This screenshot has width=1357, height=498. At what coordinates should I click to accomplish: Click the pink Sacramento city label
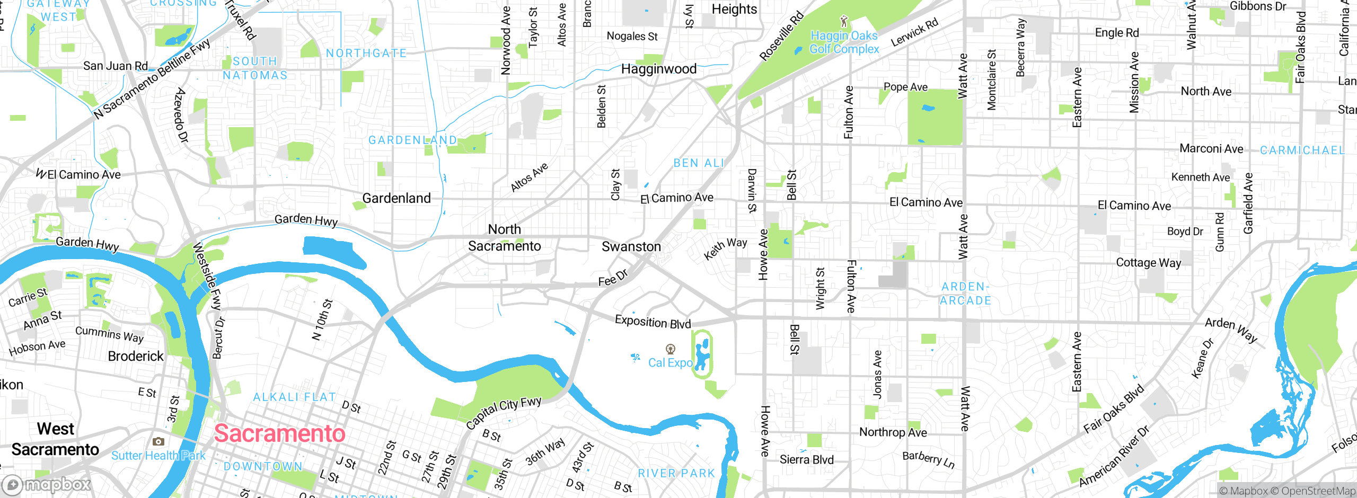(279, 433)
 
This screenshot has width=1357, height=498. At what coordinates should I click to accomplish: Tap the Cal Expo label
(670, 363)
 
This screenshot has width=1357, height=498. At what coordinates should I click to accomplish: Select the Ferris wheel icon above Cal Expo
(671, 349)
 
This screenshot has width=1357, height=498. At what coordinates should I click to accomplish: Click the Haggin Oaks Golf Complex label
(844, 42)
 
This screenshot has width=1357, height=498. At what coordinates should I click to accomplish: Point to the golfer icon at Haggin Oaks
(844, 22)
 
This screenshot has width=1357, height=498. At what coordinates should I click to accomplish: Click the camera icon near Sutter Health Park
(158, 441)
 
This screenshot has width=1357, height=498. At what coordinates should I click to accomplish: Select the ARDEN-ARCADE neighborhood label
(965, 294)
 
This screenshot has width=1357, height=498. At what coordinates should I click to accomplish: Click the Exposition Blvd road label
(653, 322)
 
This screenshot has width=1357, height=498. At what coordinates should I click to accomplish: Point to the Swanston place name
(631, 247)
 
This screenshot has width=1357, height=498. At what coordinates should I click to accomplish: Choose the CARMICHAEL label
(1302, 150)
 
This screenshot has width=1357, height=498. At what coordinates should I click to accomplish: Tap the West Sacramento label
(55, 439)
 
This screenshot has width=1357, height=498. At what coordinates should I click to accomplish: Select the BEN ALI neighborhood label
(698, 163)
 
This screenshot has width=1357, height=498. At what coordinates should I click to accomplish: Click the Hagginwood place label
(658, 69)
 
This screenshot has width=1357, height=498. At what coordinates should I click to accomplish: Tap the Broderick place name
(136, 356)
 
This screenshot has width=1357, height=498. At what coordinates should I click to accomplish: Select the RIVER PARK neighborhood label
(676, 473)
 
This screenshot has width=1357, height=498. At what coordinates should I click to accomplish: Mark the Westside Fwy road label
(207, 276)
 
